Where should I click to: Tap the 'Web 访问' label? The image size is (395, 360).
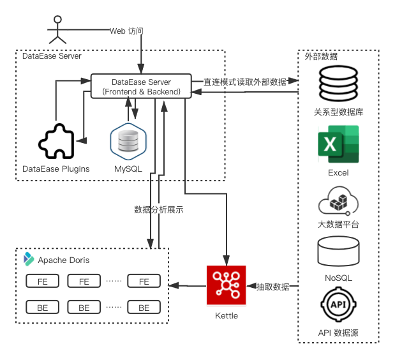[126, 30]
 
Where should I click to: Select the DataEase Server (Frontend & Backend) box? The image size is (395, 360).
[141, 87]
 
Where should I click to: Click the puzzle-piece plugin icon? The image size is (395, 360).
[56, 140]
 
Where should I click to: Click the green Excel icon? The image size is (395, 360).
[338, 144]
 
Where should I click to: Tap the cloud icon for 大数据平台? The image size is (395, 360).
[338, 201]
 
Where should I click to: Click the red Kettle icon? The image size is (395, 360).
[227, 285]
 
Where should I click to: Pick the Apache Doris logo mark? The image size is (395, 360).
[29, 259]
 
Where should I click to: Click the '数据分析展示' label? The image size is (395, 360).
[159, 209]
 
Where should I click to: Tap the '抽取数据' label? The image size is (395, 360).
[272, 287]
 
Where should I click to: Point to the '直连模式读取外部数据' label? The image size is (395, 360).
[244, 82]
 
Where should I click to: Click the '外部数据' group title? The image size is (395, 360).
[321, 57]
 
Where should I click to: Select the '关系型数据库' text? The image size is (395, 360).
[339, 112]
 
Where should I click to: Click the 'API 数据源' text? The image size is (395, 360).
[338, 334]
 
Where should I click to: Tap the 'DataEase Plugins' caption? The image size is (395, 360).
[56, 169]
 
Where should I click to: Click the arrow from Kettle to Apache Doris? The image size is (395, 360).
[188, 285]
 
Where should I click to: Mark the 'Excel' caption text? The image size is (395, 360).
[338, 173]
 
